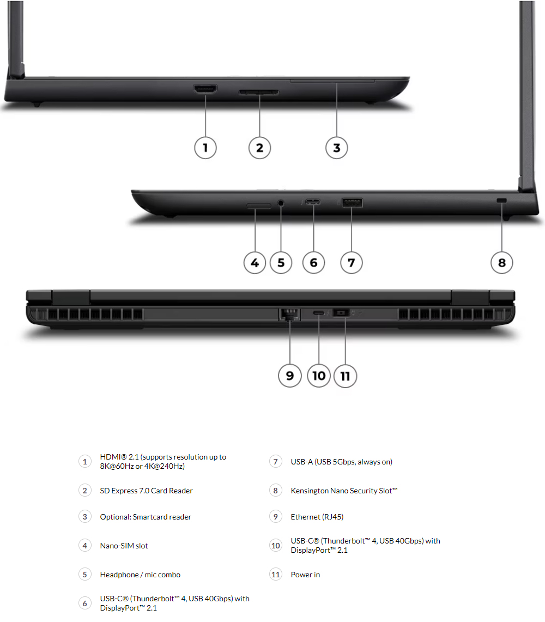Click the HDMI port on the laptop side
205,88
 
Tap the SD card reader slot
259,93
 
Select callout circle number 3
336,148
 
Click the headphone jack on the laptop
281,203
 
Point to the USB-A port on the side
352,203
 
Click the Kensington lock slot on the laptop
502,200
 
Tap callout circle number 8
502,263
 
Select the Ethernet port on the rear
289,314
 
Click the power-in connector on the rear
341,312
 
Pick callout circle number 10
318,376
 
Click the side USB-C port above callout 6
313,202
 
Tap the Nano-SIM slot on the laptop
259,206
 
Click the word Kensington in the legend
310,491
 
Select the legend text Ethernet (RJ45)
317,517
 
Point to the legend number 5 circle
85,575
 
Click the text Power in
305,575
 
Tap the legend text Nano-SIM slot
124,546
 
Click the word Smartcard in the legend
150,517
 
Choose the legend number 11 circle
276,575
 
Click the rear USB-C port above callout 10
318,313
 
